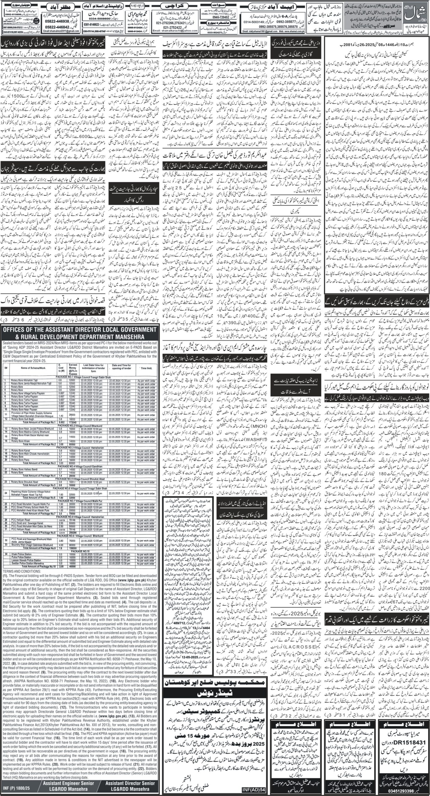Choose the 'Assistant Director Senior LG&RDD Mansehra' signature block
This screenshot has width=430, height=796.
pos(127,785)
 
